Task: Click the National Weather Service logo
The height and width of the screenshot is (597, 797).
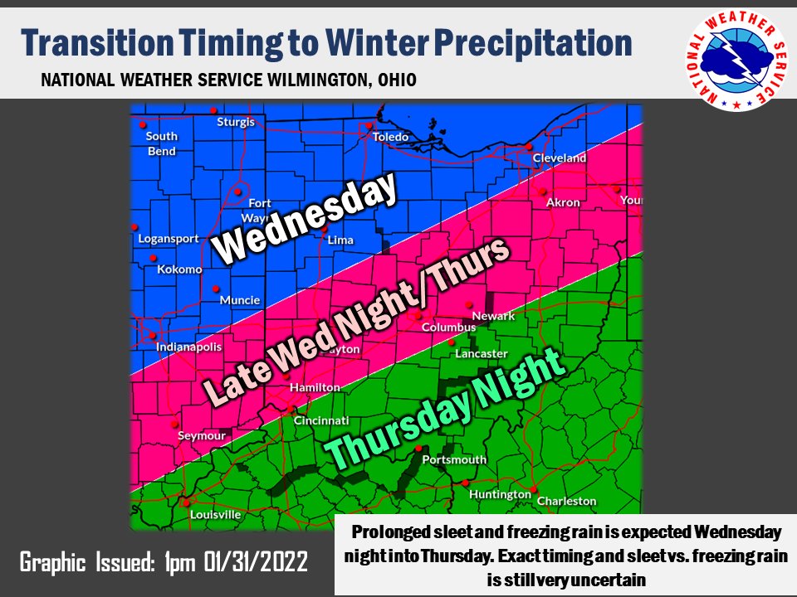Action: [x=734, y=61]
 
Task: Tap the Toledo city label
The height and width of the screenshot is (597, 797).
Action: [x=391, y=137]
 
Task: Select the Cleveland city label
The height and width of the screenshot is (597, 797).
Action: [x=559, y=158]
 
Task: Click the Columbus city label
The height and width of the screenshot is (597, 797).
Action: [x=448, y=328]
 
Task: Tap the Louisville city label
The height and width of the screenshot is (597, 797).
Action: [x=215, y=514]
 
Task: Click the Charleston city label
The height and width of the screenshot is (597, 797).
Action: [x=566, y=501]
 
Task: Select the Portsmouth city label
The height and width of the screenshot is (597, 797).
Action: [x=454, y=459]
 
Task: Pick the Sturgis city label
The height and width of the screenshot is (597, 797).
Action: [x=236, y=122]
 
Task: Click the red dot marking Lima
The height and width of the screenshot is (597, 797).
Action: [x=325, y=228]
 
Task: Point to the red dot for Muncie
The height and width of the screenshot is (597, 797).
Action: [x=215, y=289]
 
